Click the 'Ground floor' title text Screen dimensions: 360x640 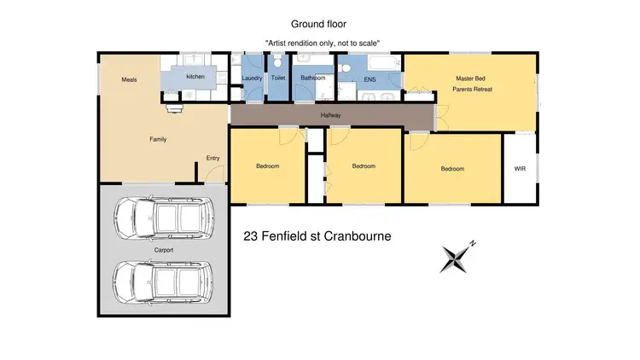(x=319, y=25)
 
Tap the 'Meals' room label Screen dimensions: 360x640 (x=129, y=79)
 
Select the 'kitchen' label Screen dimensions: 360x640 (x=195, y=77)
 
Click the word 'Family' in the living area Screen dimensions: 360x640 (x=157, y=139)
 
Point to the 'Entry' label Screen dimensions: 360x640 (x=212, y=158)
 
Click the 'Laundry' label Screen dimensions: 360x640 (x=252, y=78)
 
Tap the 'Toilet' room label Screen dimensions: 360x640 (x=278, y=78)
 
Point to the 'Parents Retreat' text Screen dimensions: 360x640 (x=472, y=89)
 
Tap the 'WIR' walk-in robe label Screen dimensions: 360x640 (x=521, y=169)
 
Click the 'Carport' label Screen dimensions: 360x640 (x=164, y=250)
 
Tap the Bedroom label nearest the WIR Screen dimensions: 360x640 (x=452, y=169)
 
